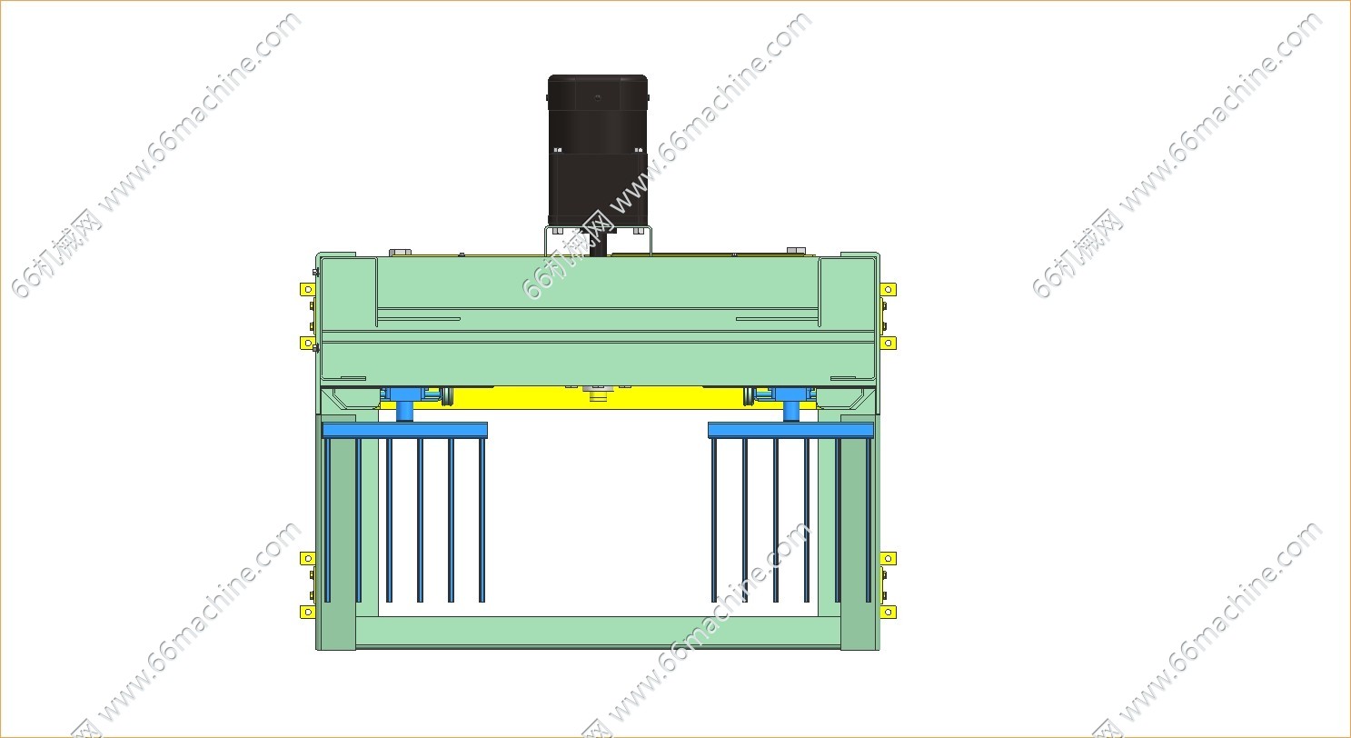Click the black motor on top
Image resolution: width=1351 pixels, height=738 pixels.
pyautogui.click(x=598, y=151)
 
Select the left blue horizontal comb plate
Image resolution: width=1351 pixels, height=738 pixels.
pyautogui.click(x=404, y=430)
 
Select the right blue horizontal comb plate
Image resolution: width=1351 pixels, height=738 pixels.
pyautogui.click(x=790, y=430)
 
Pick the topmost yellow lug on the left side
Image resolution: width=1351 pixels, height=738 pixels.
pyautogui.click(x=308, y=290)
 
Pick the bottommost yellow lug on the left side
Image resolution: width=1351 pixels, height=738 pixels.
pyautogui.click(x=308, y=613)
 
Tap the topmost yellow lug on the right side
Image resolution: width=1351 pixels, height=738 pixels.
pyautogui.click(x=889, y=290)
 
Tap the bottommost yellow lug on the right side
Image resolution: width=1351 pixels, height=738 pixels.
pyautogui.click(x=889, y=613)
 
